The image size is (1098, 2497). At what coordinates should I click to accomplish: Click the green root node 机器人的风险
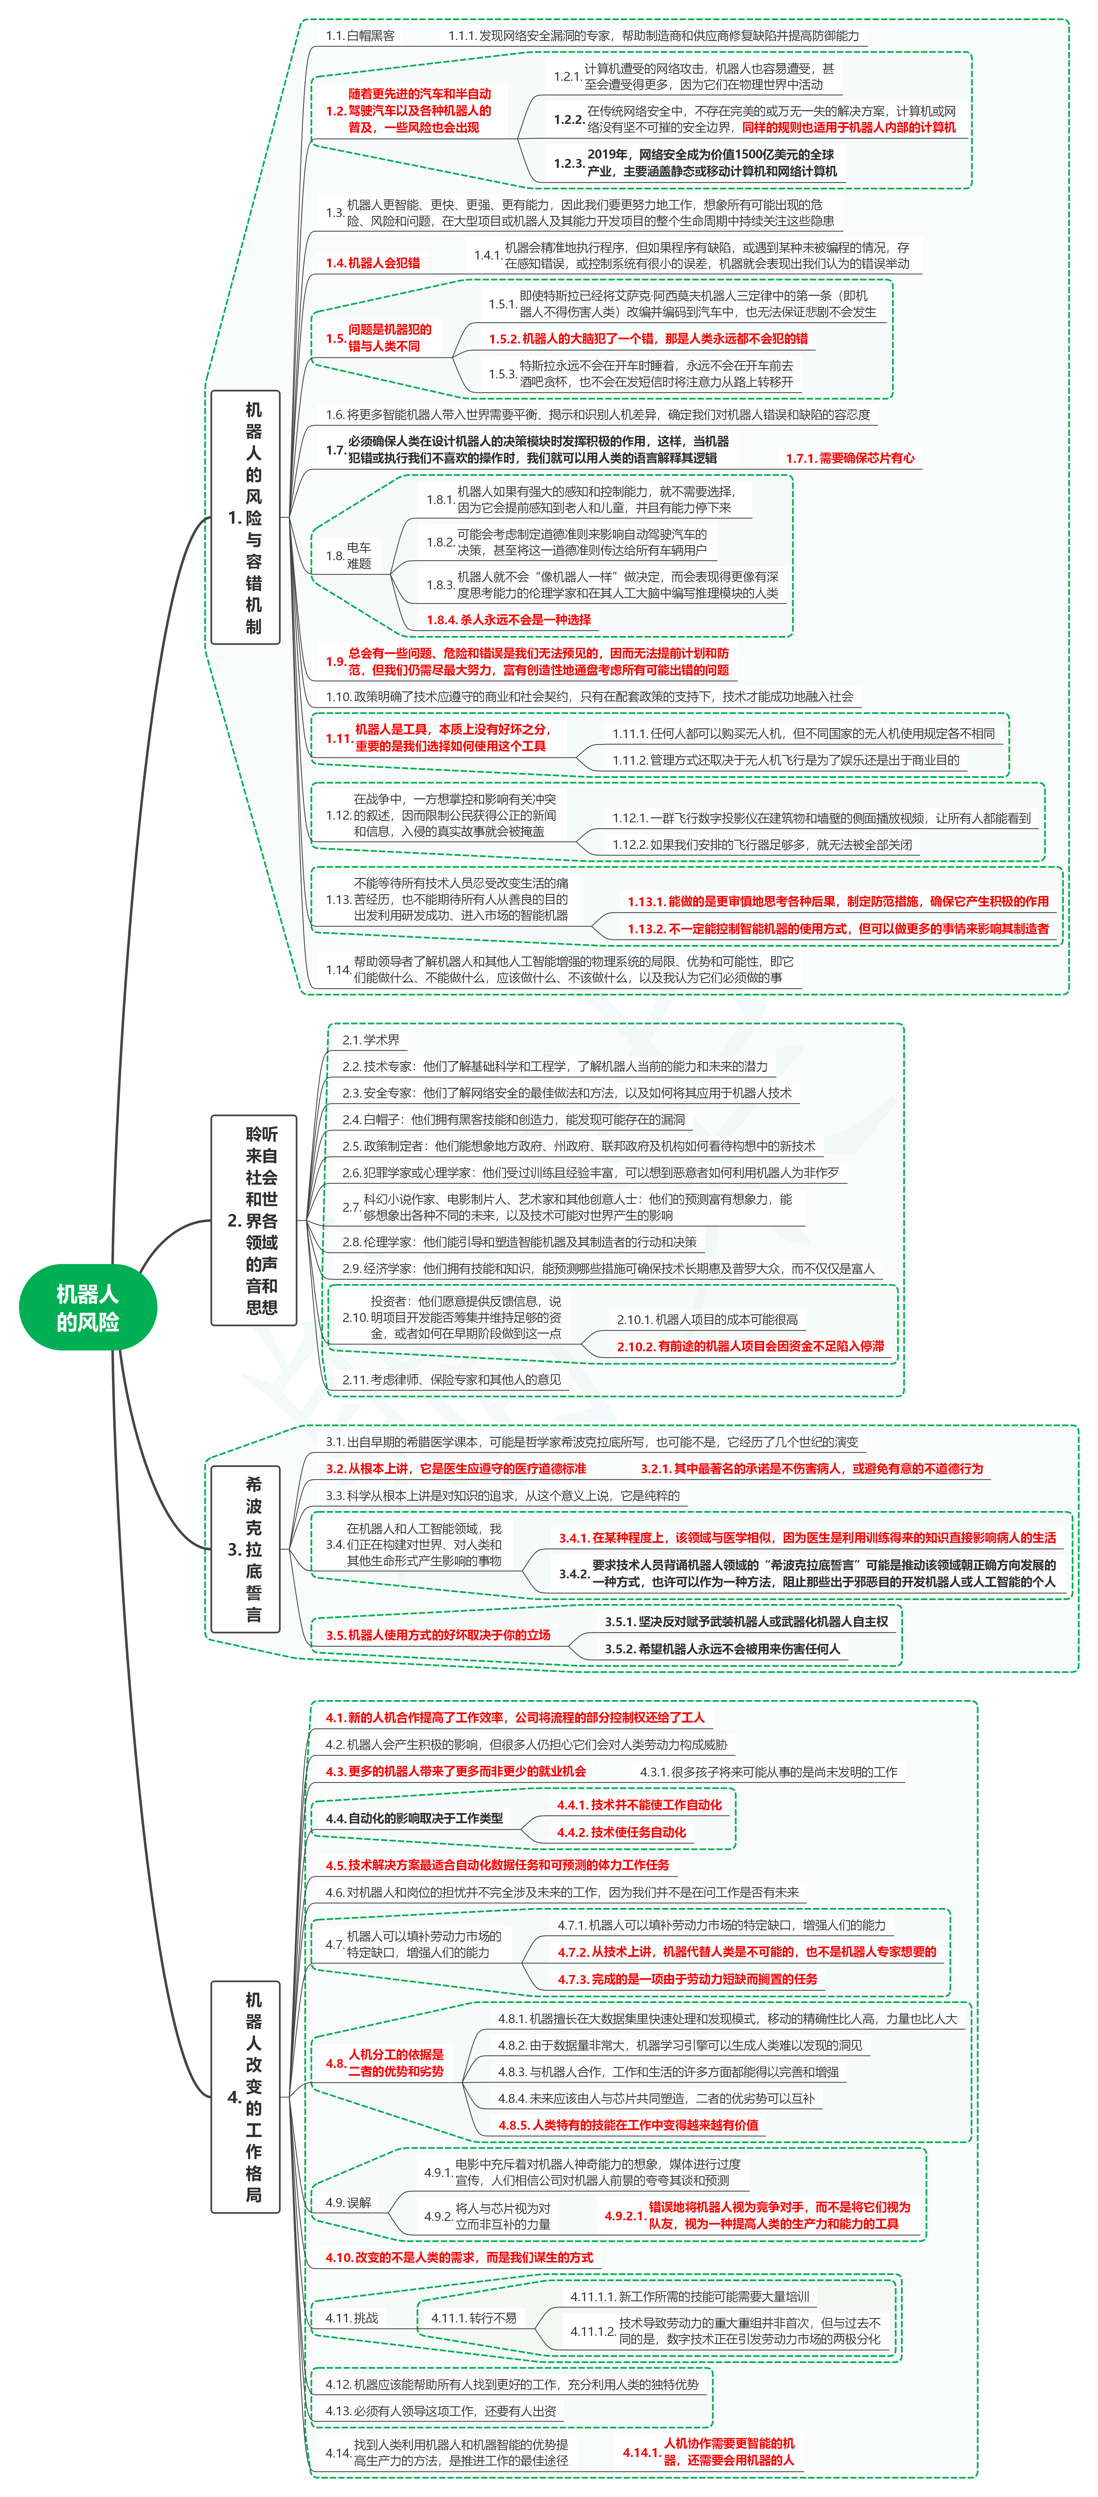[87, 1307]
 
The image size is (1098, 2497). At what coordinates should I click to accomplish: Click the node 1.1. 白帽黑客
[360, 36]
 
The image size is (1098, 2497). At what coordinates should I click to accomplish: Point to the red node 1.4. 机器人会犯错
[373, 263]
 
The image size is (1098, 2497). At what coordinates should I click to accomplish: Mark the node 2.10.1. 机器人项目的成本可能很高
[708, 1319]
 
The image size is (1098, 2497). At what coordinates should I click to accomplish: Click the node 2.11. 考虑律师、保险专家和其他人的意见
[452, 1379]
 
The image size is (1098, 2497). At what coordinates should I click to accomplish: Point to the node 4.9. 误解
[349, 2202]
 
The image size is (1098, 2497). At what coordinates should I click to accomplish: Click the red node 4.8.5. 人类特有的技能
[628, 2125]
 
